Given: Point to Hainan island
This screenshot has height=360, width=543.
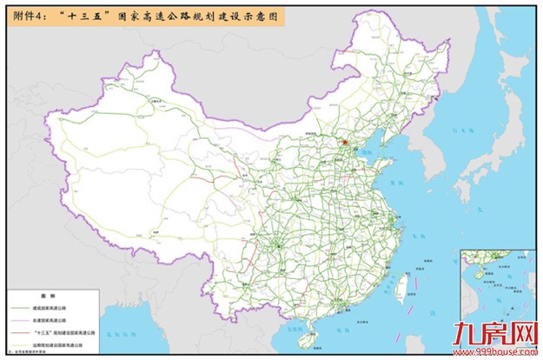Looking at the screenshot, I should click(x=317, y=332).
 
